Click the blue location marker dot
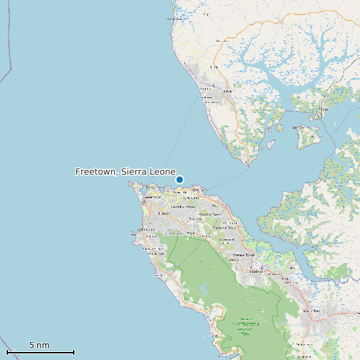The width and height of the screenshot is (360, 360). (179, 179)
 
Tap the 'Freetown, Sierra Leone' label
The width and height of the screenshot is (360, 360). (125, 171)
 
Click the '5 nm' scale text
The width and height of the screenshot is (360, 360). (39, 345)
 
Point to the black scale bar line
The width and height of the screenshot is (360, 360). (40, 352)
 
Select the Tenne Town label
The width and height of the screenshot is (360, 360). (244, 255)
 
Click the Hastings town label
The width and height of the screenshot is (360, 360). (256, 272)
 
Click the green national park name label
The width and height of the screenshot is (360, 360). (244, 325)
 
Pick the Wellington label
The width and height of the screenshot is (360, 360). (230, 223)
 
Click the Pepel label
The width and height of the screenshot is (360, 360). (323, 108)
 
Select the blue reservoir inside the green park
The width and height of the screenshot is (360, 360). (204, 288)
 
